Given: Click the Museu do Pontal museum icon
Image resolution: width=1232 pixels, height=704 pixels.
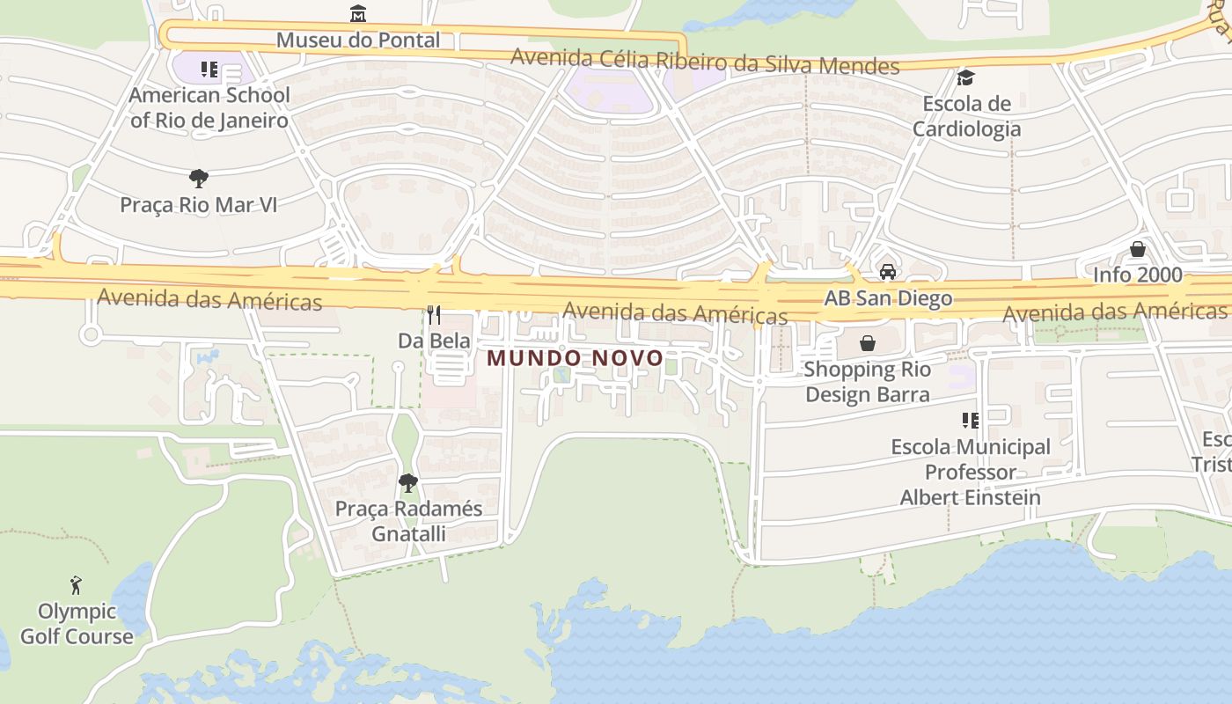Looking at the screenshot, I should [357, 13].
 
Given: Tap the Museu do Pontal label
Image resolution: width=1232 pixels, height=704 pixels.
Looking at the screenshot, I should [357, 40].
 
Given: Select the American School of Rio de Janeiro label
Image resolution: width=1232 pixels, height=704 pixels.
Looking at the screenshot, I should [209, 107].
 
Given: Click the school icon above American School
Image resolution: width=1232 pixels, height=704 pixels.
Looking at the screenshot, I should [209, 69].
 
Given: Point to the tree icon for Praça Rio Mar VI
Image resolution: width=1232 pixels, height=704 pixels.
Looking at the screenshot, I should [199, 179].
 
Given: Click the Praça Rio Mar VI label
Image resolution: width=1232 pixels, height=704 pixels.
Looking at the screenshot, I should [199, 205].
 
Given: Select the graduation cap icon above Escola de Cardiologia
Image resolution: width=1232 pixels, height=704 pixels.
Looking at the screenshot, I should [965, 78].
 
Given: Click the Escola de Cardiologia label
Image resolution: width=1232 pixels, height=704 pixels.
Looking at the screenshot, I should [966, 116].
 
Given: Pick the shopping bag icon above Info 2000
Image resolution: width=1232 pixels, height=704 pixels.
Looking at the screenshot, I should [1138, 249].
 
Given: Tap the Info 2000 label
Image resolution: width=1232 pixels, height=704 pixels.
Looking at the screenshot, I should [1138, 275].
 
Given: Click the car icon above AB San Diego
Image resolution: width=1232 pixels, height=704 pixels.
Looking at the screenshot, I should [888, 271].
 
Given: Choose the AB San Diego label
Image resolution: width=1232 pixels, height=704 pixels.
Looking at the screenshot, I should [888, 297].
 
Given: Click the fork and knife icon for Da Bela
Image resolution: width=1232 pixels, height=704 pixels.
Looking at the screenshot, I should [434, 314].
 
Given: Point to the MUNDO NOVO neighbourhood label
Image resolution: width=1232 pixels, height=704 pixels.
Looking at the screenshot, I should [575, 358].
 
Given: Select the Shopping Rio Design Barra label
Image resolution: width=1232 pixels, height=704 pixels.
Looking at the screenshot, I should [867, 382].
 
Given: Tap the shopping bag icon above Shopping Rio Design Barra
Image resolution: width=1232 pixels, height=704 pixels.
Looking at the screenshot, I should [868, 342].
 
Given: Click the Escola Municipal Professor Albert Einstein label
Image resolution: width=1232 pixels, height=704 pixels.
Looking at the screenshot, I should [970, 472].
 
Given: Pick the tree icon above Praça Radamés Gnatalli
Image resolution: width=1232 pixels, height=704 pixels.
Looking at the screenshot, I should [407, 482].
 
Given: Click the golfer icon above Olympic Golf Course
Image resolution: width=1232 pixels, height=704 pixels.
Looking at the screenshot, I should [77, 584].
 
